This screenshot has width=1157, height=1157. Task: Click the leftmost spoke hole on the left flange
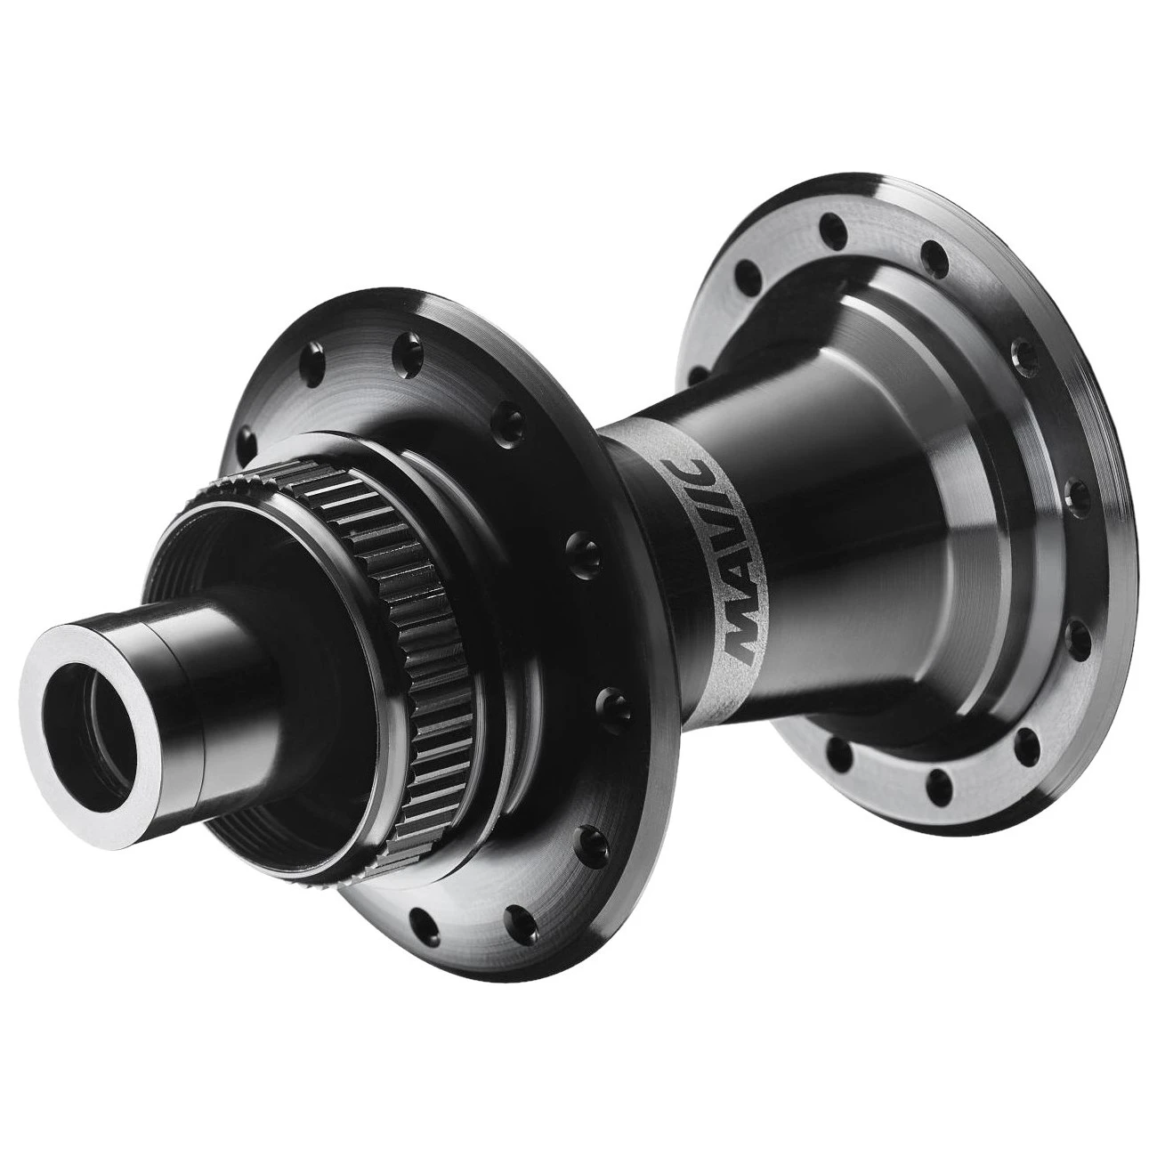[x=247, y=437]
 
